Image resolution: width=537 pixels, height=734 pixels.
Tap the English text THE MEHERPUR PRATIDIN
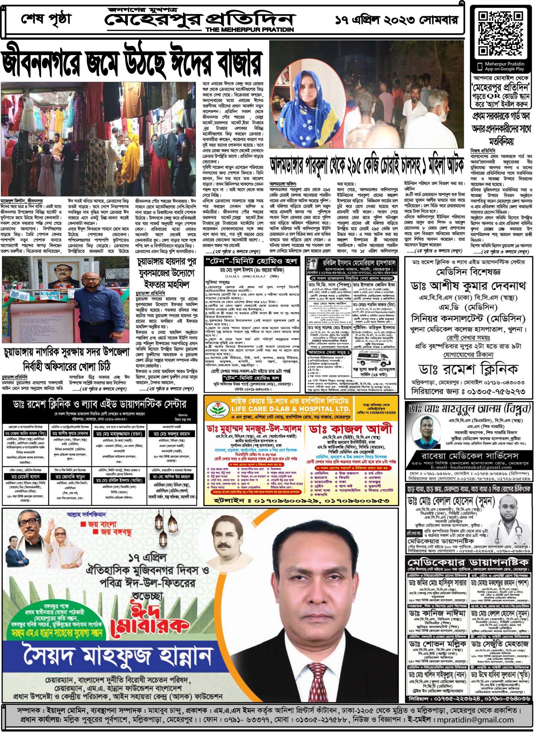click(x=249, y=30)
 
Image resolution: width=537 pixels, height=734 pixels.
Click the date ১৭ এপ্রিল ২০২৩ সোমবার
click(x=396, y=20)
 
